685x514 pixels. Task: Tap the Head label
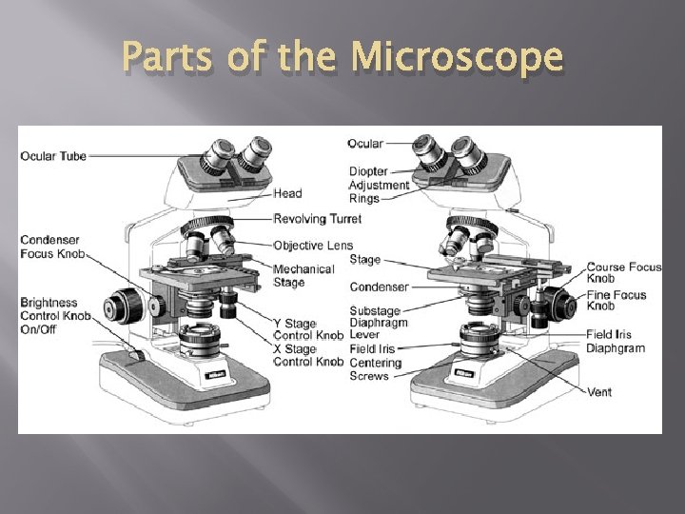[287, 193]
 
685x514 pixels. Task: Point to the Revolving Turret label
[318, 219]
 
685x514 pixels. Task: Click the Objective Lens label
[313, 246]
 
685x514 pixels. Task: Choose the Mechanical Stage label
[303, 275]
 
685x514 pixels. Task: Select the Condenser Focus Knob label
[52, 247]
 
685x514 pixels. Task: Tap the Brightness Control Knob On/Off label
[52, 316]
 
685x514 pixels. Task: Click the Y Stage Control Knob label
[308, 329]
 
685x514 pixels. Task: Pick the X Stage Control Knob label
[308, 355]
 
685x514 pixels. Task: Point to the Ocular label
[365, 144]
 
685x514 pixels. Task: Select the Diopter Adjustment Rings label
[379, 185]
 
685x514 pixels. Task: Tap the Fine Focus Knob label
[616, 301]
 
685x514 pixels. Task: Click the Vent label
[600, 391]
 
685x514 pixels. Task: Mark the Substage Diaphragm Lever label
[378, 323]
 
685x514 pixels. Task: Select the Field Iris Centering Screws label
[376, 363]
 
